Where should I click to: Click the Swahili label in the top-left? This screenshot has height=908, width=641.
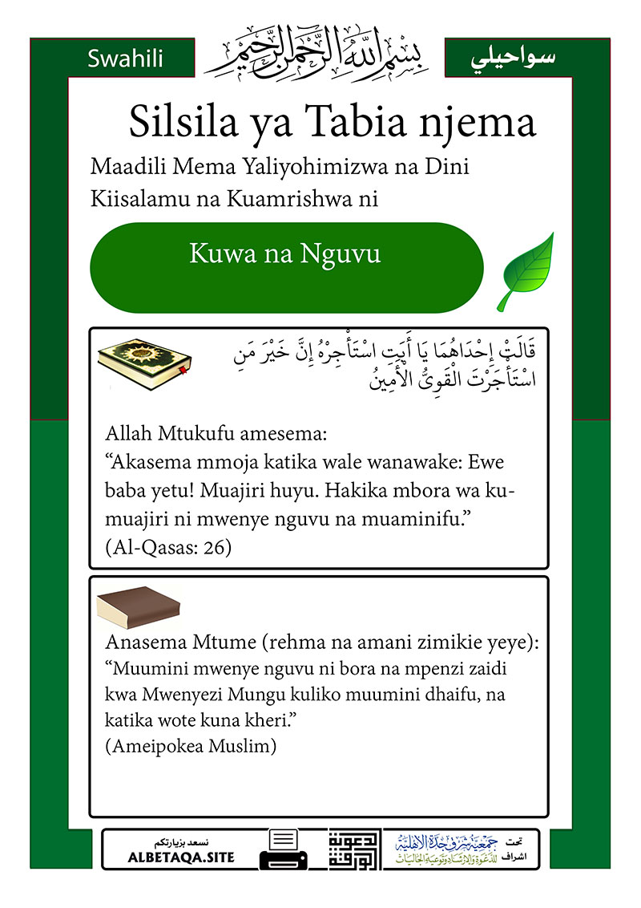coord(125,59)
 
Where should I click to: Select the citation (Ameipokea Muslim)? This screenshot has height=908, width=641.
coord(190,746)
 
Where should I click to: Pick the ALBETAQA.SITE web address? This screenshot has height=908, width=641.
coord(181,857)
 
